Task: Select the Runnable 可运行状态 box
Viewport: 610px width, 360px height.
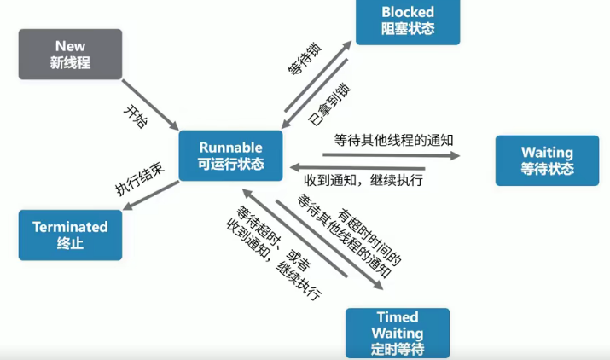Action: pyautogui.click(x=231, y=155)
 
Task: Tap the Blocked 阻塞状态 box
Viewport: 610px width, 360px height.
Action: pyautogui.click(x=408, y=20)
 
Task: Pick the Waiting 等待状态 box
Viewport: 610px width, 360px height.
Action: pyautogui.click(x=547, y=160)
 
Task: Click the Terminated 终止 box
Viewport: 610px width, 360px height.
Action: pyautogui.click(x=70, y=235)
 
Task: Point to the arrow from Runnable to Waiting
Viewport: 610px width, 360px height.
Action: pyautogui.click(x=391, y=155)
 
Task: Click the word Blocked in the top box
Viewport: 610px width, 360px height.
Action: pyautogui.click(x=408, y=12)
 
